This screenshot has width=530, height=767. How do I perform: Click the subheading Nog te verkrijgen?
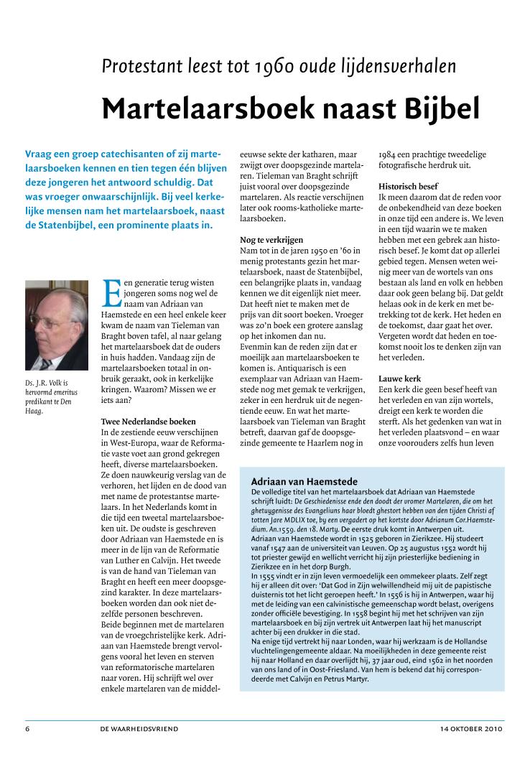[271, 238]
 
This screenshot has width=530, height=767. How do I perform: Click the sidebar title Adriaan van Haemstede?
[304, 480]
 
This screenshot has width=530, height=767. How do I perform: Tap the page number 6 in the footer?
[27, 729]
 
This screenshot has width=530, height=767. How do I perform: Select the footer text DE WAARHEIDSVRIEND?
[139, 729]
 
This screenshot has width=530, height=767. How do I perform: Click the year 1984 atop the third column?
[389, 154]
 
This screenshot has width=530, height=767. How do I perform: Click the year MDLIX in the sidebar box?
[290, 518]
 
